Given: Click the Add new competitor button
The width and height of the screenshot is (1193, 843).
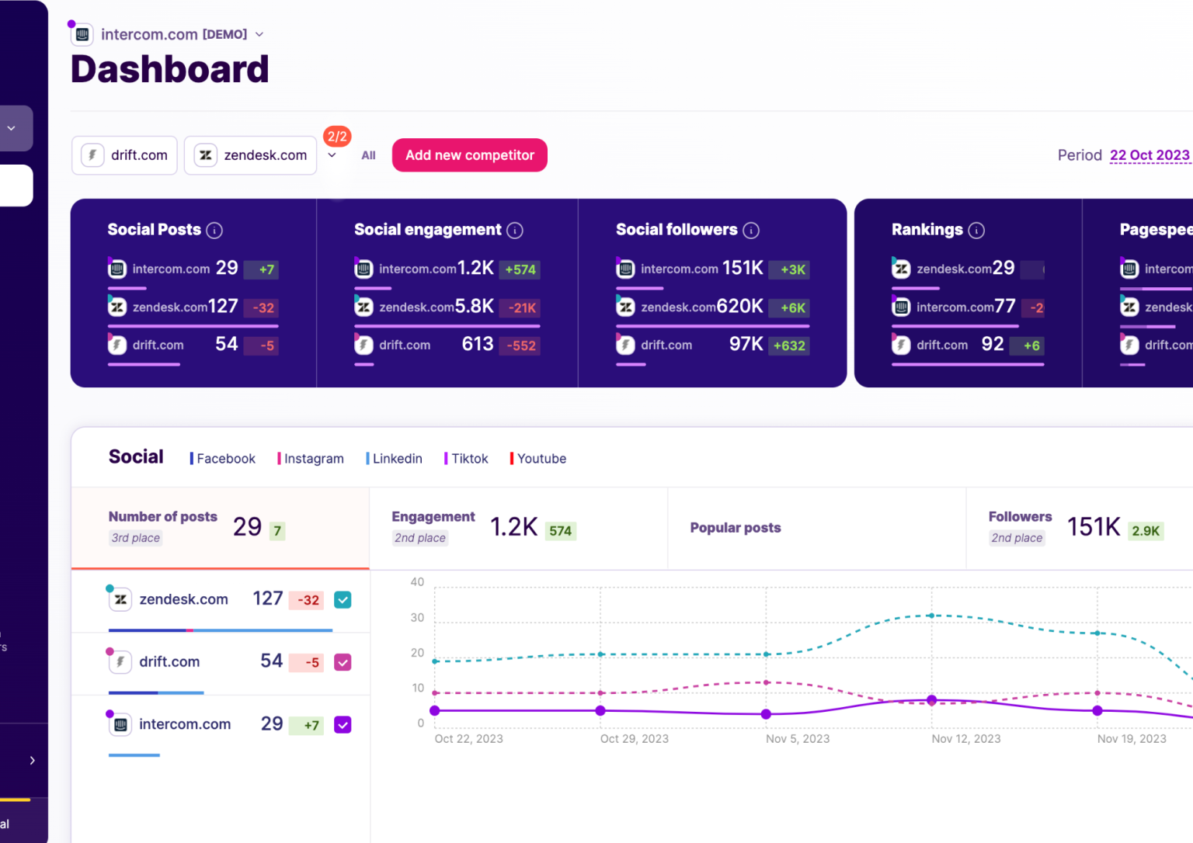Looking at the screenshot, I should (469, 155).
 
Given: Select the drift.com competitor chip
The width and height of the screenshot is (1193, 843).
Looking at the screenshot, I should (125, 155).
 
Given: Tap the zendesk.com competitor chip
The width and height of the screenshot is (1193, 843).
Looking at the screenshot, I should (250, 155).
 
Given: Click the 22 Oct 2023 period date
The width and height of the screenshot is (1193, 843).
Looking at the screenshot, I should (1149, 155).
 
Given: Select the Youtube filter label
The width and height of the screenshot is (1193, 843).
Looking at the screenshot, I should (541, 459).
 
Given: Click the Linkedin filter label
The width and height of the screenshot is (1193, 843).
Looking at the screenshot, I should (397, 459).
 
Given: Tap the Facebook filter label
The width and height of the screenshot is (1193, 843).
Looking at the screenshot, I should (225, 459).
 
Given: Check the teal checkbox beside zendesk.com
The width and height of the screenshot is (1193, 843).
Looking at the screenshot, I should (343, 600).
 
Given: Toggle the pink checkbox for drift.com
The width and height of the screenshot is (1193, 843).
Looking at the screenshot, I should (343, 662).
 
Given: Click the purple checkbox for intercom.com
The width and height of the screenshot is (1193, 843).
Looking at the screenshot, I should (343, 725).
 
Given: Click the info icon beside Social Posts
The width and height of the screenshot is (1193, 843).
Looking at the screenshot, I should (215, 231).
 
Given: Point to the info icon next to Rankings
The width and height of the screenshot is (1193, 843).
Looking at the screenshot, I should (977, 231).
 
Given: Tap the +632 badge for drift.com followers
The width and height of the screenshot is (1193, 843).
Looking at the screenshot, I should (789, 346).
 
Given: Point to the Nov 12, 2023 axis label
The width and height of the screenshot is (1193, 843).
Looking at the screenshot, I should (965, 739).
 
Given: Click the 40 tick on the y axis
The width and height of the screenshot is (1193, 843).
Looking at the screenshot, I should (417, 582).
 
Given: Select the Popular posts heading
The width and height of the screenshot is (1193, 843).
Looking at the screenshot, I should (735, 528).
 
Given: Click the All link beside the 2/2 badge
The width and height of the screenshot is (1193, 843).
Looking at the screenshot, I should (368, 155).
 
